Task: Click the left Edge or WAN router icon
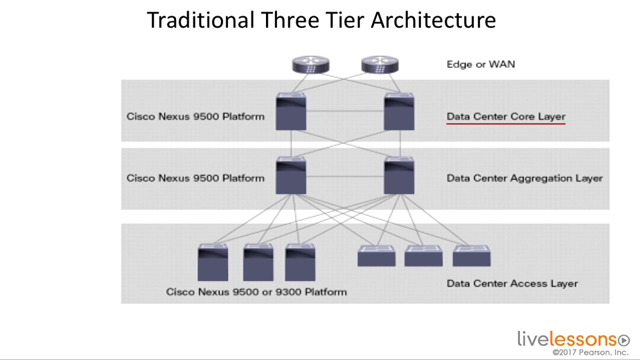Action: click(310, 65)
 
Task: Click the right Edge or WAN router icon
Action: click(380, 65)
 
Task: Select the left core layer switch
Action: click(291, 112)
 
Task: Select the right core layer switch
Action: click(399, 112)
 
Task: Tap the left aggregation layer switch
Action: click(291, 175)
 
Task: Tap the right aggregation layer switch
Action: click(399, 175)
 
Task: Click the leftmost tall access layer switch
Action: click(213, 262)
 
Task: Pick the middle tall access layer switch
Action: click(258, 262)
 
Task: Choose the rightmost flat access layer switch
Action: click(471, 256)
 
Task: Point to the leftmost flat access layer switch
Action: click(376, 256)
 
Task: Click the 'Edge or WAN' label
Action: click(480, 64)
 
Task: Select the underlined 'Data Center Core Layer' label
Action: click(505, 116)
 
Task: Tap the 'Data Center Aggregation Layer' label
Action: click(524, 178)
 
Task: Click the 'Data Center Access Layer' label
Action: click(512, 283)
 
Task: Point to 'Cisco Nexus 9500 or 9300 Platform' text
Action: click(256, 292)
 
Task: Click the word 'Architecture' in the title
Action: click(433, 20)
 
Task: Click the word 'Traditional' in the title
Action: click(200, 20)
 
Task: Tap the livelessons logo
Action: click(573, 339)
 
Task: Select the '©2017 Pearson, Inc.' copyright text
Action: click(590, 352)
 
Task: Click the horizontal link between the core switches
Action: click(345, 111)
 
